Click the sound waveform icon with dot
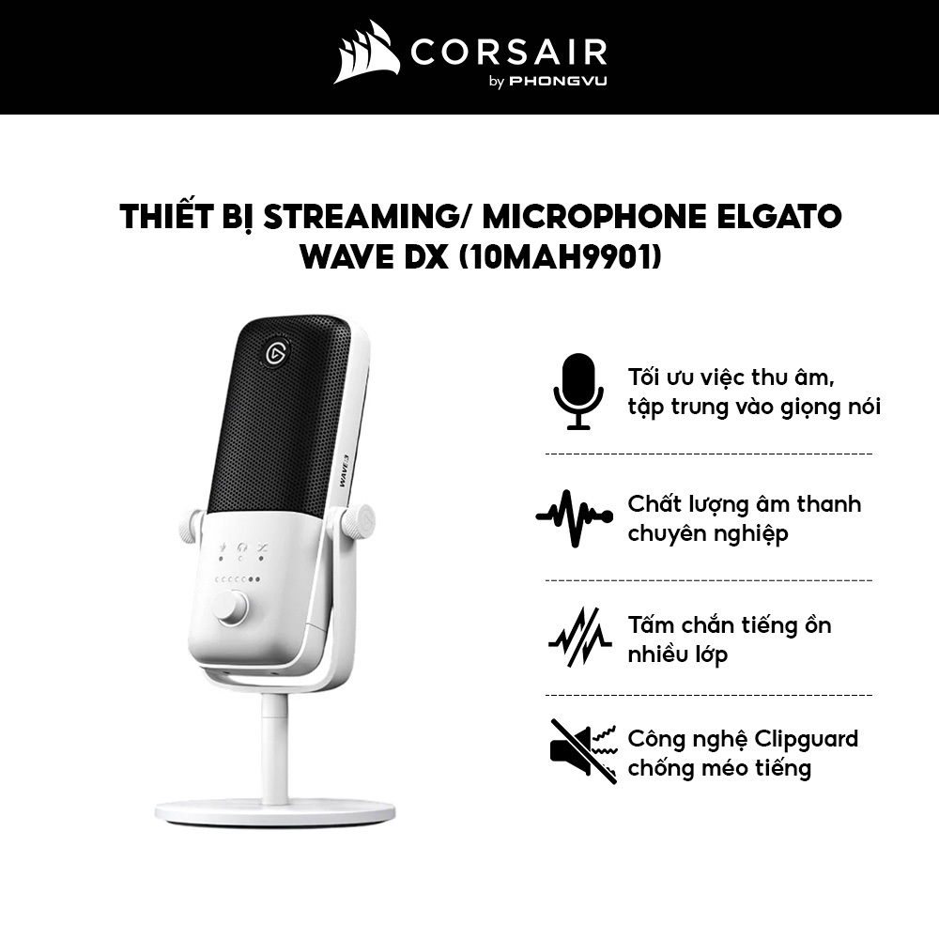[x=574, y=517]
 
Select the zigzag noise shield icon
[x=579, y=638]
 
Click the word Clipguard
[x=808, y=739]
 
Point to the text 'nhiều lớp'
[x=677, y=654]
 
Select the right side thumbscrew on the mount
[x=358, y=522]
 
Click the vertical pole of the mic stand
[x=274, y=747]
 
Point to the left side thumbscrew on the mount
[x=190, y=526]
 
